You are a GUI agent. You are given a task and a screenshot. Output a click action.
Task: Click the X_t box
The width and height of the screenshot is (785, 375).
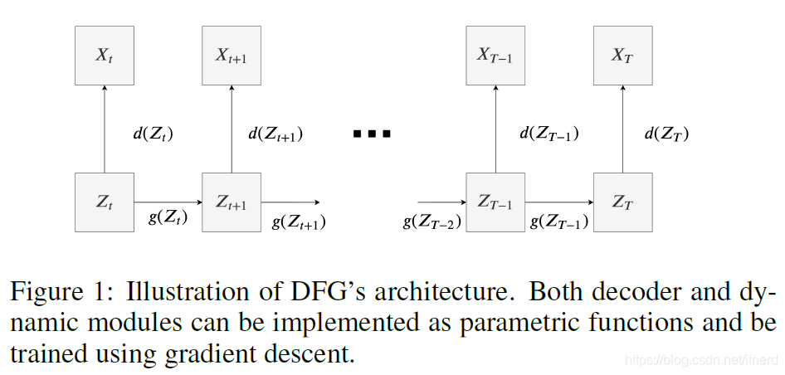104,56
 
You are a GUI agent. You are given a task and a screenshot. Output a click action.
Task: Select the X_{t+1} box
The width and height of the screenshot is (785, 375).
232,56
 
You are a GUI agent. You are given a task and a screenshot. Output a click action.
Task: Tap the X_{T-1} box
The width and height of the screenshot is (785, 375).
495,56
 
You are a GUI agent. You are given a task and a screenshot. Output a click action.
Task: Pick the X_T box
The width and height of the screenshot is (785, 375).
623,56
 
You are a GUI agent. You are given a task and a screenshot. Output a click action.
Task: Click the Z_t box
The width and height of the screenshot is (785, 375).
104,202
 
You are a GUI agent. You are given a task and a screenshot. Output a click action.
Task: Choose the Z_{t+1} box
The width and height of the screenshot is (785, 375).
232,202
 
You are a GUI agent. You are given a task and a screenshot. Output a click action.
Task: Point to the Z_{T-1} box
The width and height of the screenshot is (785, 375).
495,202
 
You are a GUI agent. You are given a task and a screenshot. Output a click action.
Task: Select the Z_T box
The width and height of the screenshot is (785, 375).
623,202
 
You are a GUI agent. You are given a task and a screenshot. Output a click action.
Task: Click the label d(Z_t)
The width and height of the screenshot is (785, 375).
154,133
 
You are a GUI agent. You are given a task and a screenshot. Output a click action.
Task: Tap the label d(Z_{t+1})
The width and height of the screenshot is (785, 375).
275,134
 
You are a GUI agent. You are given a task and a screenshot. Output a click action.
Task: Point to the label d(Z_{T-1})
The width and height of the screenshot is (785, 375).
549,134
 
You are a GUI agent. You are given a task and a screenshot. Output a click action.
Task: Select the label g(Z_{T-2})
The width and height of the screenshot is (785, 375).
432,222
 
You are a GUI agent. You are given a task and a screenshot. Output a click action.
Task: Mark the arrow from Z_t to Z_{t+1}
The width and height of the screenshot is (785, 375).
168,202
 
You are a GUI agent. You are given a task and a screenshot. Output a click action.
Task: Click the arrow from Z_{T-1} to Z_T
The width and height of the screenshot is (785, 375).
559,202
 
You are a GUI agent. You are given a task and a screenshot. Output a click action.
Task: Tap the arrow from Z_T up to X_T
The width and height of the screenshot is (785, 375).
623,129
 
